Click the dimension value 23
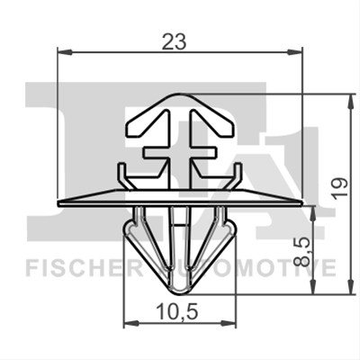click(174, 41)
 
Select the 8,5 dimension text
click(301, 251)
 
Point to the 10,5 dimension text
click(177, 312)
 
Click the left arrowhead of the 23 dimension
click(65, 52)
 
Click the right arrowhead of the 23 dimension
click(295, 52)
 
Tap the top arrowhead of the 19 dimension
click(350, 101)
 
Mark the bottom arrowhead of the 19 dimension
click(350, 286)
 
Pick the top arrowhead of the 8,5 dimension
click(313, 213)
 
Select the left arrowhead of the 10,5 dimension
click(131, 323)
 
